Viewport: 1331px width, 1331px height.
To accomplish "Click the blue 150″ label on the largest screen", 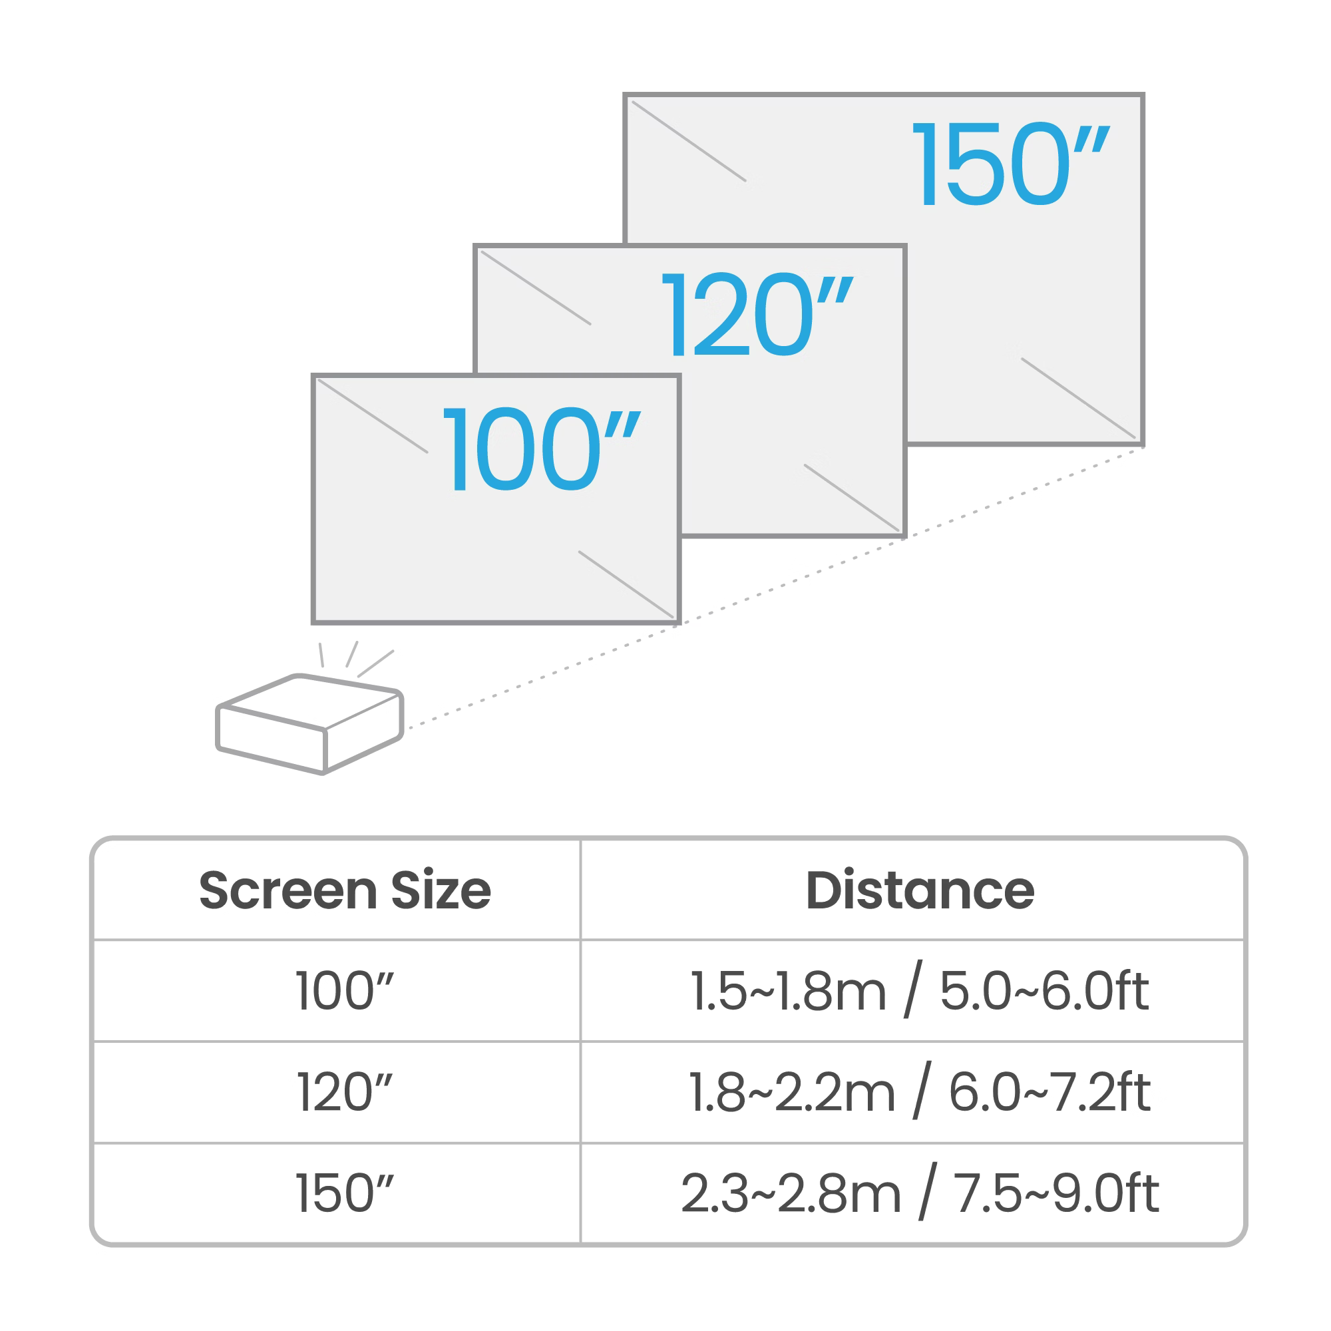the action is point(1011,164).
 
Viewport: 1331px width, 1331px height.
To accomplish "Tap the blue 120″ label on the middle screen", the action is point(757,314).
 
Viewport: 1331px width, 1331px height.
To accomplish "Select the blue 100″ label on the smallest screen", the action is point(542,449).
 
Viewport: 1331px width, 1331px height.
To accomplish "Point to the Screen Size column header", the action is point(345,890).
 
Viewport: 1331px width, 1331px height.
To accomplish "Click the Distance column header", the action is point(920,890).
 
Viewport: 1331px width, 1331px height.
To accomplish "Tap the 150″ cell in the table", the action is point(345,1193).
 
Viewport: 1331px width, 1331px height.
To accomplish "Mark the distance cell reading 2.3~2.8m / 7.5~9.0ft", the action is point(920,1193).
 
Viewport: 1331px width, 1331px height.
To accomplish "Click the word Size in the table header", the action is point(441,890).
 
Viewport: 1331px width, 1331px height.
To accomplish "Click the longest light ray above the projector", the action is point(375,664).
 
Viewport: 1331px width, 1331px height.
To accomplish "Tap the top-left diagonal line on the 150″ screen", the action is point(689,141).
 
